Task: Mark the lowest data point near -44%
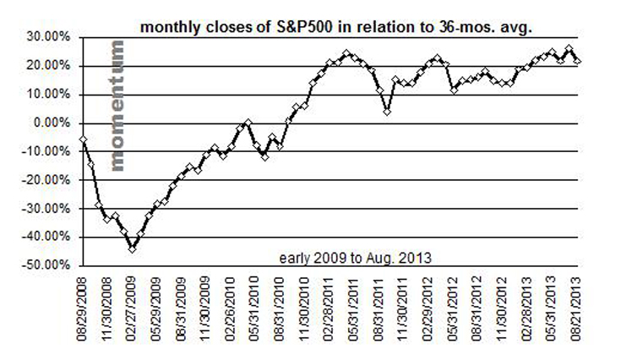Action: (x=132, y=248)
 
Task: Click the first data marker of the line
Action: (x=83, y=139)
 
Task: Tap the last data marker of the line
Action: (x=578, y=61)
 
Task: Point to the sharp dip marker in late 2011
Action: (x=387, y=111)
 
